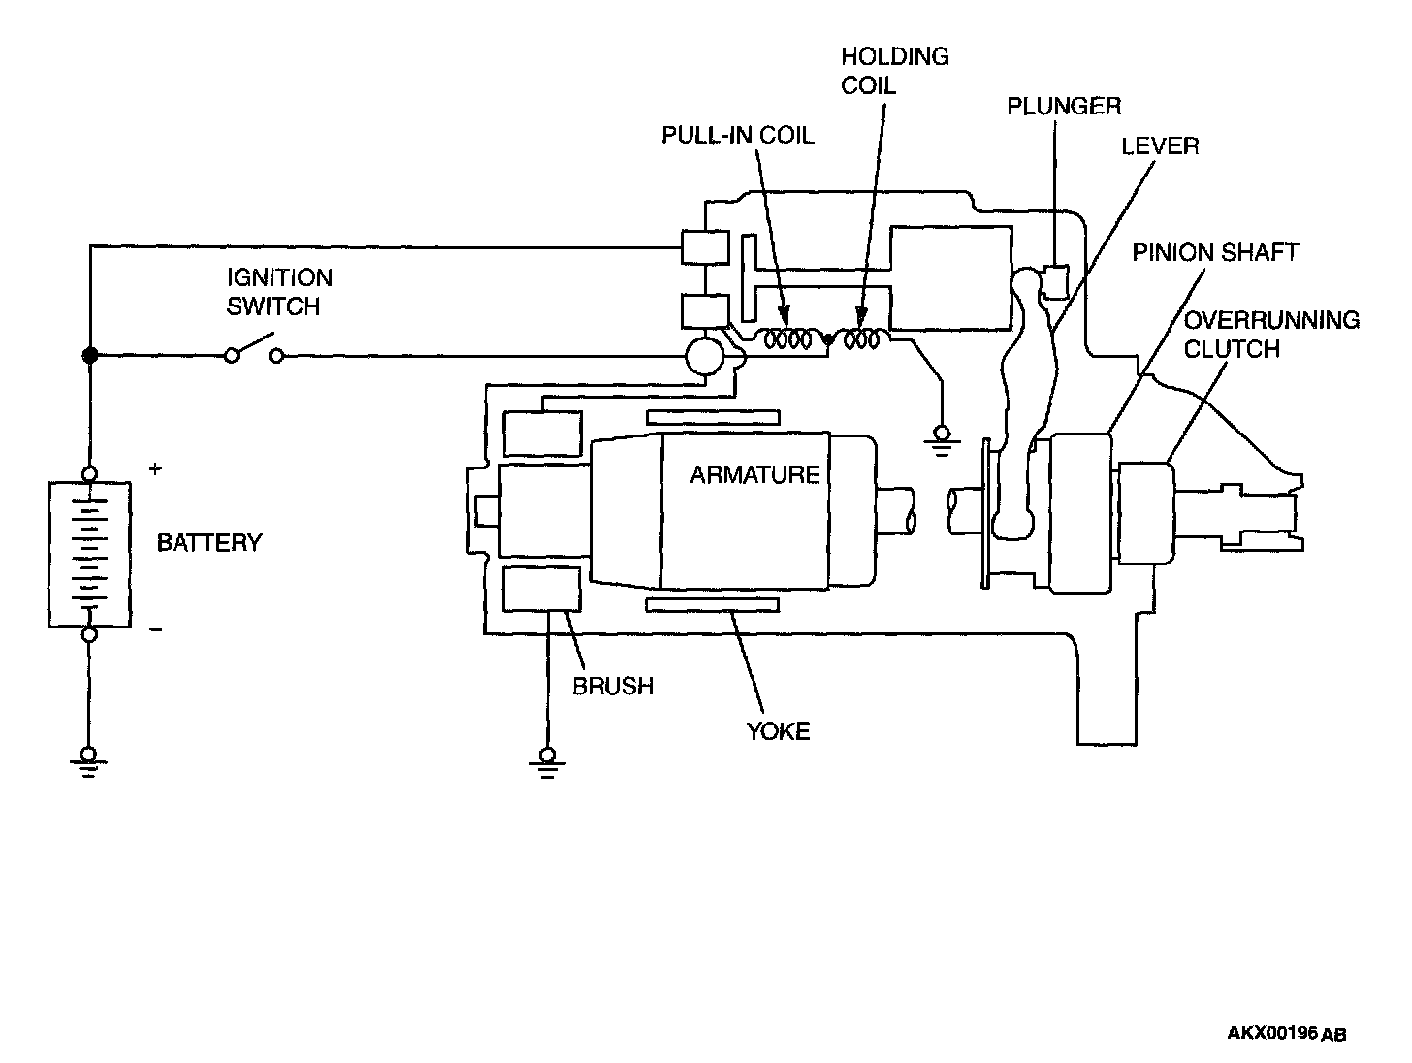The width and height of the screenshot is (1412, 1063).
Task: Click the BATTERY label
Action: click(209, 542)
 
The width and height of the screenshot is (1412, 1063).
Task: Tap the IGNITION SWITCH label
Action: click(279, 292)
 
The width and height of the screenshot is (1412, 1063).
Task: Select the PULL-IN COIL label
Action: click(737, 135)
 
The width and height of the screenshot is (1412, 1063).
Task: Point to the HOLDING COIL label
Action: click(894, 71)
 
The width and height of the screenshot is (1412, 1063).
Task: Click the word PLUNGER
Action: click(1064, 106)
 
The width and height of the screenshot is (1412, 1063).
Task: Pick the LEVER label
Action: click(1160, 146)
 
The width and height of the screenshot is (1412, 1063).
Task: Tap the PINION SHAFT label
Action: click(1215, 253)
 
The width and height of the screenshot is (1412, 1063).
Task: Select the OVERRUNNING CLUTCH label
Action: click(1271, 334)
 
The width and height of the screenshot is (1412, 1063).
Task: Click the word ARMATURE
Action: click(754, 475)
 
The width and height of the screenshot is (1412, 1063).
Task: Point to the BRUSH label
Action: click(613, 687)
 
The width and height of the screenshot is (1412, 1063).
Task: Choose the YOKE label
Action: click(778, 731)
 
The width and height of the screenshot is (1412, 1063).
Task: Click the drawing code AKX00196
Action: click(1272, 1033)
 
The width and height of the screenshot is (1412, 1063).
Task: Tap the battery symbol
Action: click(89, 554)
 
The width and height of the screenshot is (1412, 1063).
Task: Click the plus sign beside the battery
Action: click(155, 469)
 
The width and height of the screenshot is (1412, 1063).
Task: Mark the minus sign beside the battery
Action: click(155, 630)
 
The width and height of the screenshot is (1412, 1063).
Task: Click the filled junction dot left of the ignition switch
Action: click(89, 356)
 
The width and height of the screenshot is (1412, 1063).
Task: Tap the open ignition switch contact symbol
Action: click(254, 351)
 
